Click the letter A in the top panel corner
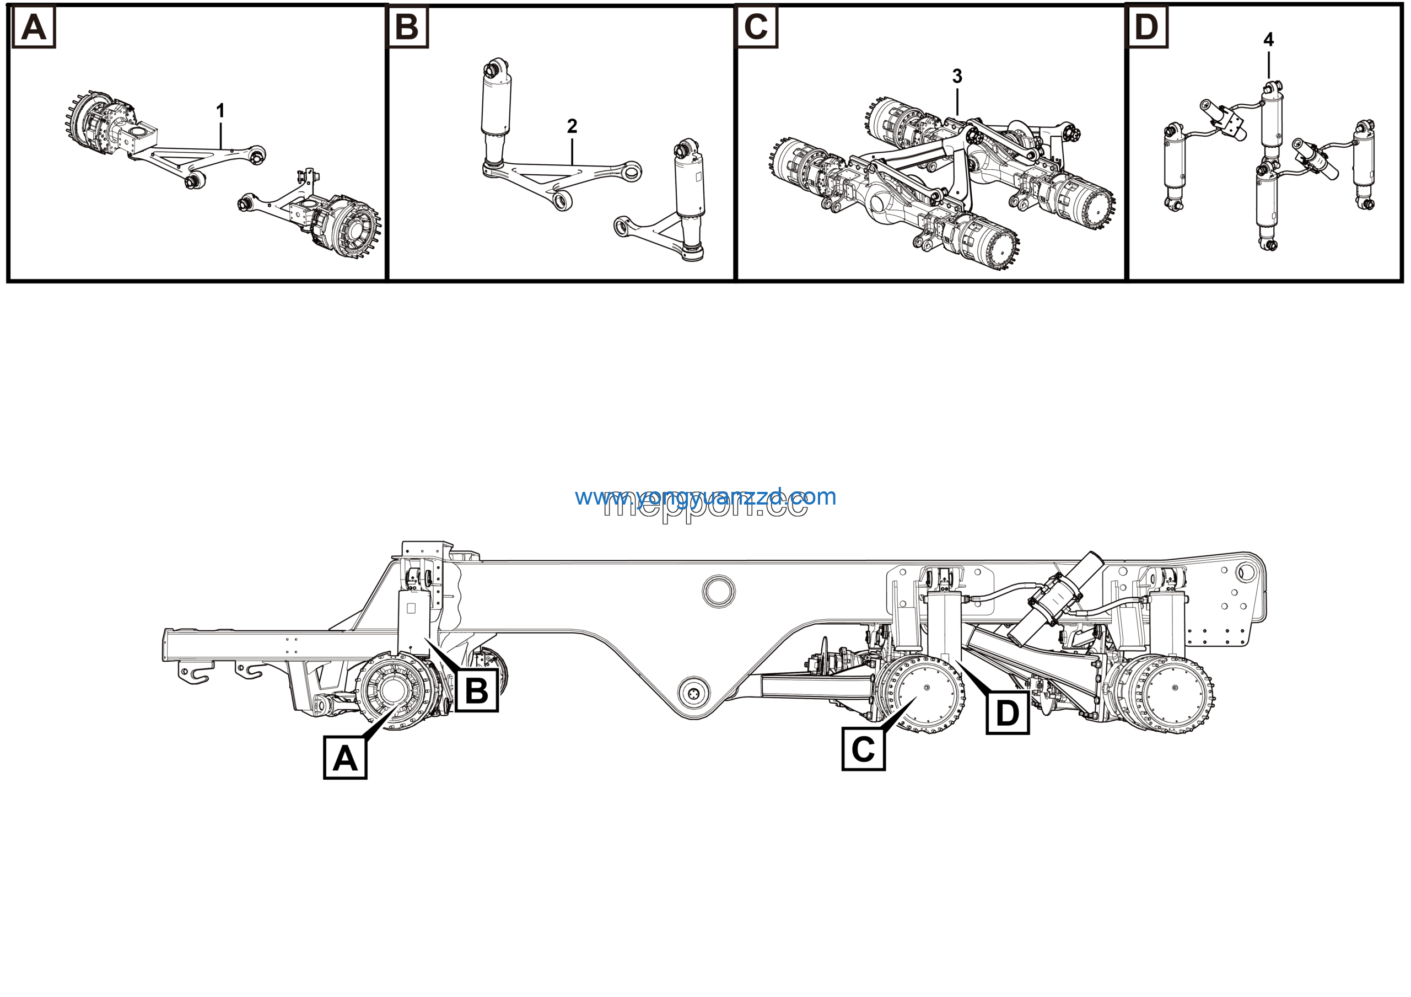coord(34,28)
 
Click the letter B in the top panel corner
coord(407,28)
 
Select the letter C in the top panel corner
coord(756,27)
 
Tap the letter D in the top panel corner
coord(1147,27)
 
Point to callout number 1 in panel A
coord(220,111)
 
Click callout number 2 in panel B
coord(572,127)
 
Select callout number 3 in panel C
coord(957,76)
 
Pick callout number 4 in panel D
coord(1268,40)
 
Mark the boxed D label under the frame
coord(1007,713)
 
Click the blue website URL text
coord(705,497)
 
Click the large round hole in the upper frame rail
coord(718,591)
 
